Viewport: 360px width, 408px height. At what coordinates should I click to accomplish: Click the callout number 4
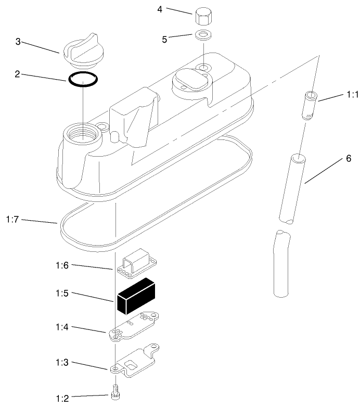pyautogui.click(x=160, y=9)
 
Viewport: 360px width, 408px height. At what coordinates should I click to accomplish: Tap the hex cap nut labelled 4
pyautogui.click(x=203, y=17)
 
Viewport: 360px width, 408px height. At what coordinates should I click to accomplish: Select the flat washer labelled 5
pyautogui.click(x=203, y=35)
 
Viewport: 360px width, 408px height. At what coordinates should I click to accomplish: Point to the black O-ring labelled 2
pyautogui.click(x=83, y=79)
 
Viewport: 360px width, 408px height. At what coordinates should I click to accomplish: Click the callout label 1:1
pyautogui.click(x=353, y=95)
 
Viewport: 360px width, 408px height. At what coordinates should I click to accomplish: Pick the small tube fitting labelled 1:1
pyautogui.click(x=310, y=105)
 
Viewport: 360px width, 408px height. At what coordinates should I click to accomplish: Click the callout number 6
pyautogui.click(x=349, y=158)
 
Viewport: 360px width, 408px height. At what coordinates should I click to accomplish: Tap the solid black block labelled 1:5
pyautogui.click(x=136, y=296)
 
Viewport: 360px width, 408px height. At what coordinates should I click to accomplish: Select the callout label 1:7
pyautogui.click(x=12, y=220)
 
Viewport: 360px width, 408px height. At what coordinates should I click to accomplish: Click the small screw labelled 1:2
pyautogui.click(x=115, y=392)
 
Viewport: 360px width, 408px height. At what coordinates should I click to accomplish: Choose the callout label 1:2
pyautogui.click(x=62, y=399)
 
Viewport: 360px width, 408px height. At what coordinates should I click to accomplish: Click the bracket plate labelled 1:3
pyautogui.click(x=134, y=361)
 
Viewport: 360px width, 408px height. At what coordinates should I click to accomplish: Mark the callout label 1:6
pyautogui.click(x=62, y=265)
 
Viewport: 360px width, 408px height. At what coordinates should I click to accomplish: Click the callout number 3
pyautogui.click(x=18, y=42)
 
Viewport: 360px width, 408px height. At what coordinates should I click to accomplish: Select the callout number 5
pyautogui.click(x=164, y=40)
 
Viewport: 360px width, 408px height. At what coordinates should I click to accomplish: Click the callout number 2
pyautogui.click(x=17, y=74)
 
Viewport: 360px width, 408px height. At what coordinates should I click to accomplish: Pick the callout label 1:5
pyautogui.click(x=62, y=294)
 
